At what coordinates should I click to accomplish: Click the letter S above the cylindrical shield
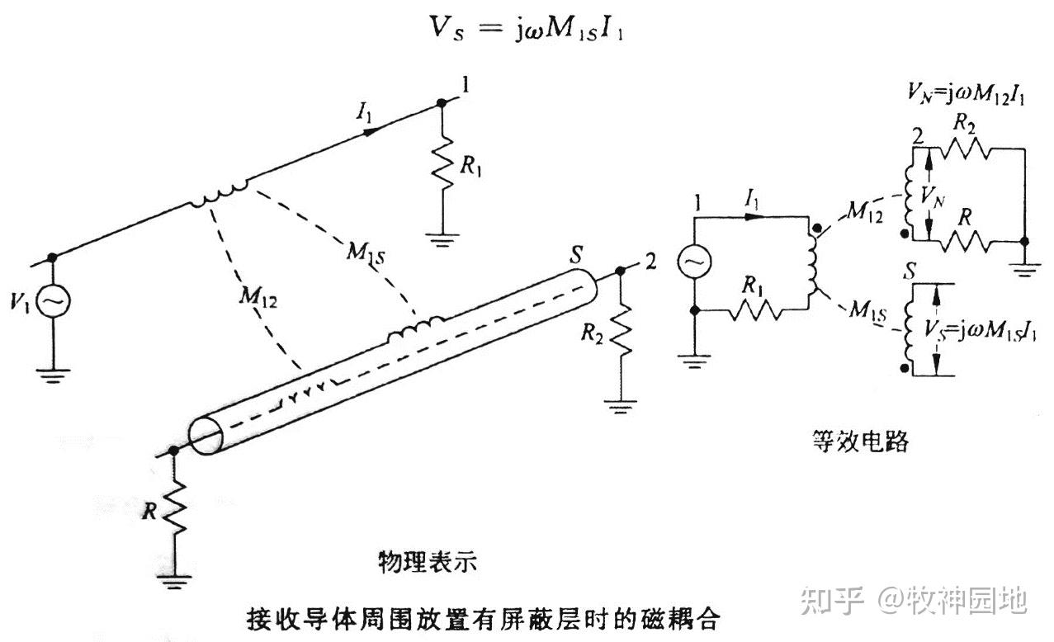click(578, 255)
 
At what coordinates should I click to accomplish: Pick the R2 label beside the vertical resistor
click(591, 333)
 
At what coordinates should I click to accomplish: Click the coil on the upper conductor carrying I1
click(219, 195)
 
